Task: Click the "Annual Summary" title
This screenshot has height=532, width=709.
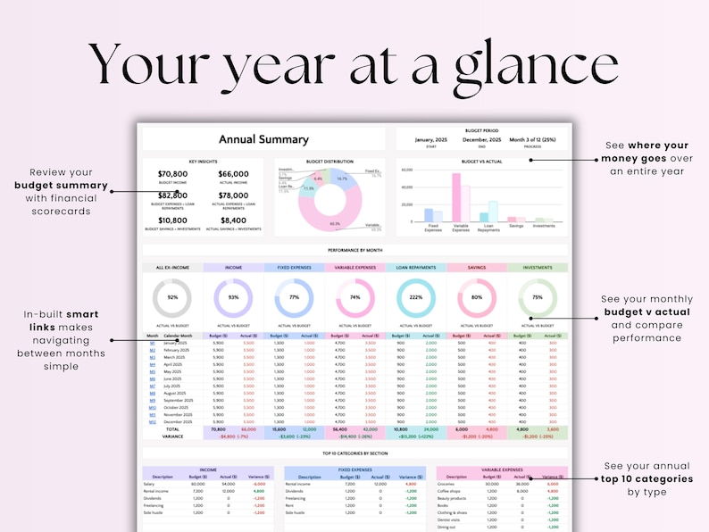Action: click(263, 139)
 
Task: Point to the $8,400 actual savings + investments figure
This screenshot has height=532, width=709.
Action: click(234, 220)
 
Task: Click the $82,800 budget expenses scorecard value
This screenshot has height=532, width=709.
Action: click(172, 195)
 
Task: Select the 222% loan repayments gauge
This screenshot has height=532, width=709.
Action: click(415, 297)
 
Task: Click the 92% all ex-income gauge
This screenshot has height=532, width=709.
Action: click(172, 297)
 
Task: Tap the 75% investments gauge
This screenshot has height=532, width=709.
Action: click(537, 297)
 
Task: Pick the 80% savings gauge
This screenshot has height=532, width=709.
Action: click(476, 297)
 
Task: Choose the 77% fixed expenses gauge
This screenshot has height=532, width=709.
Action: click(294, 297)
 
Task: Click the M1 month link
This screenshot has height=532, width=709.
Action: click(152, 343)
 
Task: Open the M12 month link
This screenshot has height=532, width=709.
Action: click(152, 421)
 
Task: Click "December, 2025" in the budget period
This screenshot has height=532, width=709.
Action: click(481, 139)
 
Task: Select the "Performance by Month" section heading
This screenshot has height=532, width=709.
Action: click(354, 251)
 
